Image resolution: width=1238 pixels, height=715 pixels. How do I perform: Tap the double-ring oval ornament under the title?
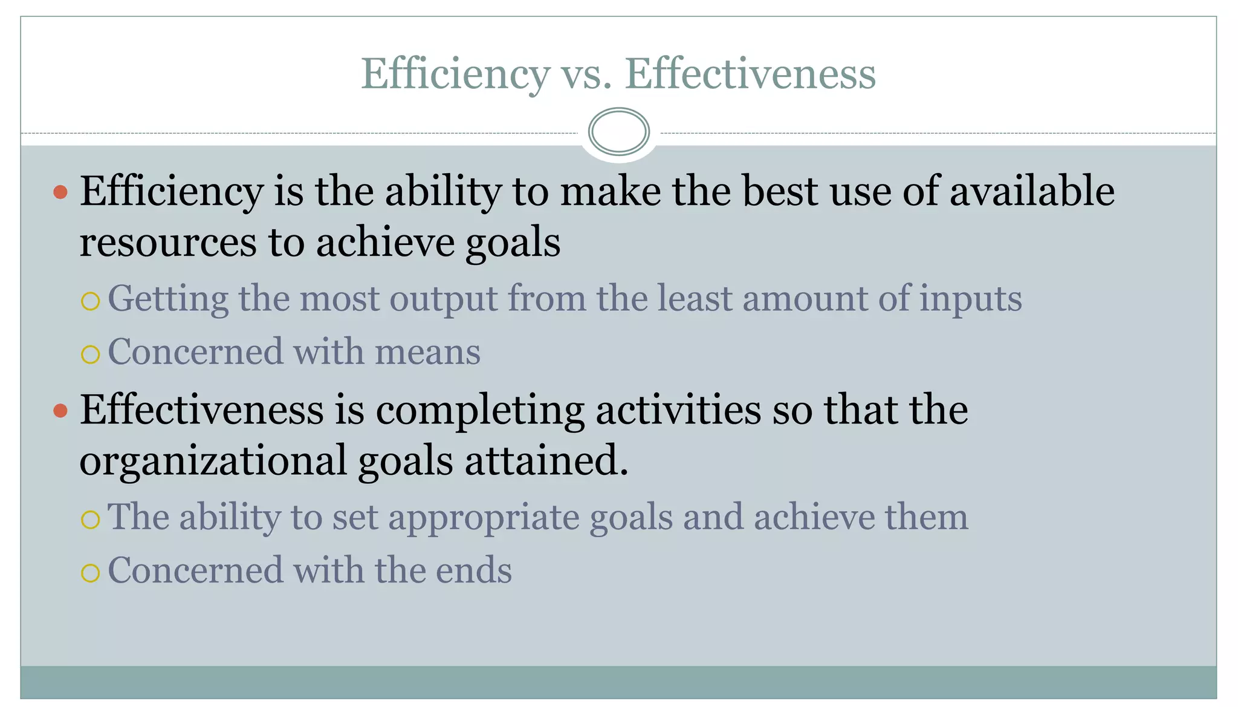click(x=618, y=132)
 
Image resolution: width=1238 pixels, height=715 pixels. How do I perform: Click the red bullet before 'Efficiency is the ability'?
click(x=60, y=192)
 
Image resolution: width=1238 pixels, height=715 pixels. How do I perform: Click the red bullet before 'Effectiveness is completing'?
click(x=60, y=411)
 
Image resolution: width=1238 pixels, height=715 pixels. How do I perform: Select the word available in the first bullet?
click(x=1032, y=191)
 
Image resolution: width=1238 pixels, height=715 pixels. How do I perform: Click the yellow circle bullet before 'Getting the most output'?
click(x=90, y=301)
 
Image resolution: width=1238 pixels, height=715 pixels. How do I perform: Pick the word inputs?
click(x=970, y=299)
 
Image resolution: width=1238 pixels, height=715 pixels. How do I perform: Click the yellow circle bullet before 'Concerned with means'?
click(x=90, y=354)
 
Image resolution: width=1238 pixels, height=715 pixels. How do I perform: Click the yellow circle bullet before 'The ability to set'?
click(x=90, y=519)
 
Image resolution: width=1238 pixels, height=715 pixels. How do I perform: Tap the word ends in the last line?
click(x=473, y=570)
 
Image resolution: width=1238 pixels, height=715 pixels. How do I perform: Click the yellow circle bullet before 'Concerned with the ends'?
click(x=90, y=573)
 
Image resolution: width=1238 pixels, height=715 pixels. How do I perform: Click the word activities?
click(x=678, y=410)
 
